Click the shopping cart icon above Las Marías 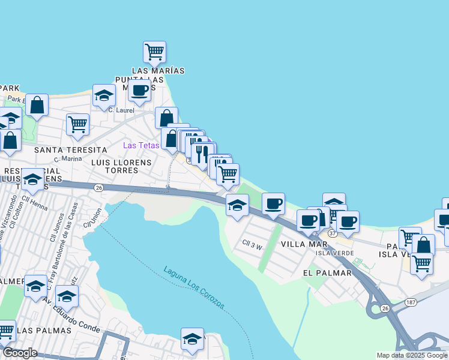[x=155, y=52]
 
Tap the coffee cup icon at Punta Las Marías [x=139, y=91]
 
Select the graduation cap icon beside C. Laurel [x=104, y=95]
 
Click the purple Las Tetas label [x=141, y=145]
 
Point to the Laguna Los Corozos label [x=194, y=287]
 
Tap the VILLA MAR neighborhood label [x=304, y=244]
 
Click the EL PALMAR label [x=327, y=272]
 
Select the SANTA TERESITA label [x=70, y=149]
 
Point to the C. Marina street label [x=67, y=160]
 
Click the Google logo [x=20, y=353]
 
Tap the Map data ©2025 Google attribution [x=412, y=355]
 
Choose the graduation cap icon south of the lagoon [x=192, y=339]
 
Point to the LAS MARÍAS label [x=158, y=71]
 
